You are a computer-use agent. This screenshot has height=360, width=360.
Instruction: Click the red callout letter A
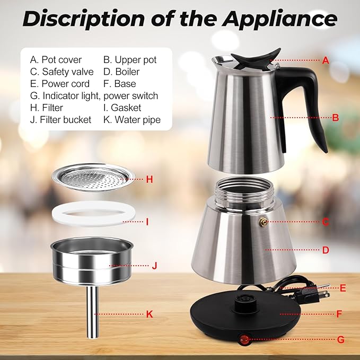pyautogui.click(x=326, y=60)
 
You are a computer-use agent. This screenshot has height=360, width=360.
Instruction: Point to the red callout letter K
pyautogui.click(x=150, y=314)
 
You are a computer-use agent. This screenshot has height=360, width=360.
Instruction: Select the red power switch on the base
pyautogui.click(x=245, y=338)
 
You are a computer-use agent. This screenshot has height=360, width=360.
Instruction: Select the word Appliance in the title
pyautogui.click(x=279, y=19)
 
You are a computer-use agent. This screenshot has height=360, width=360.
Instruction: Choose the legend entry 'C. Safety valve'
pyautogui.click(x=62, y=72)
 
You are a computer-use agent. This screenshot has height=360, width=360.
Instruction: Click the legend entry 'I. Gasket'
pyautogui.click(x=122, y=108)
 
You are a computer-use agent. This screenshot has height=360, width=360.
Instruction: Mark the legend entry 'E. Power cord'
pyautogui.click(x=60, y=84)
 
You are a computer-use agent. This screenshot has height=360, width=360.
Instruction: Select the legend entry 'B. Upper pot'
pyautogui.click(x=130, y=59)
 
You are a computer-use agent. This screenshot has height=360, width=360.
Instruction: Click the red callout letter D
pyautogui.click(x=326, y=250)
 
